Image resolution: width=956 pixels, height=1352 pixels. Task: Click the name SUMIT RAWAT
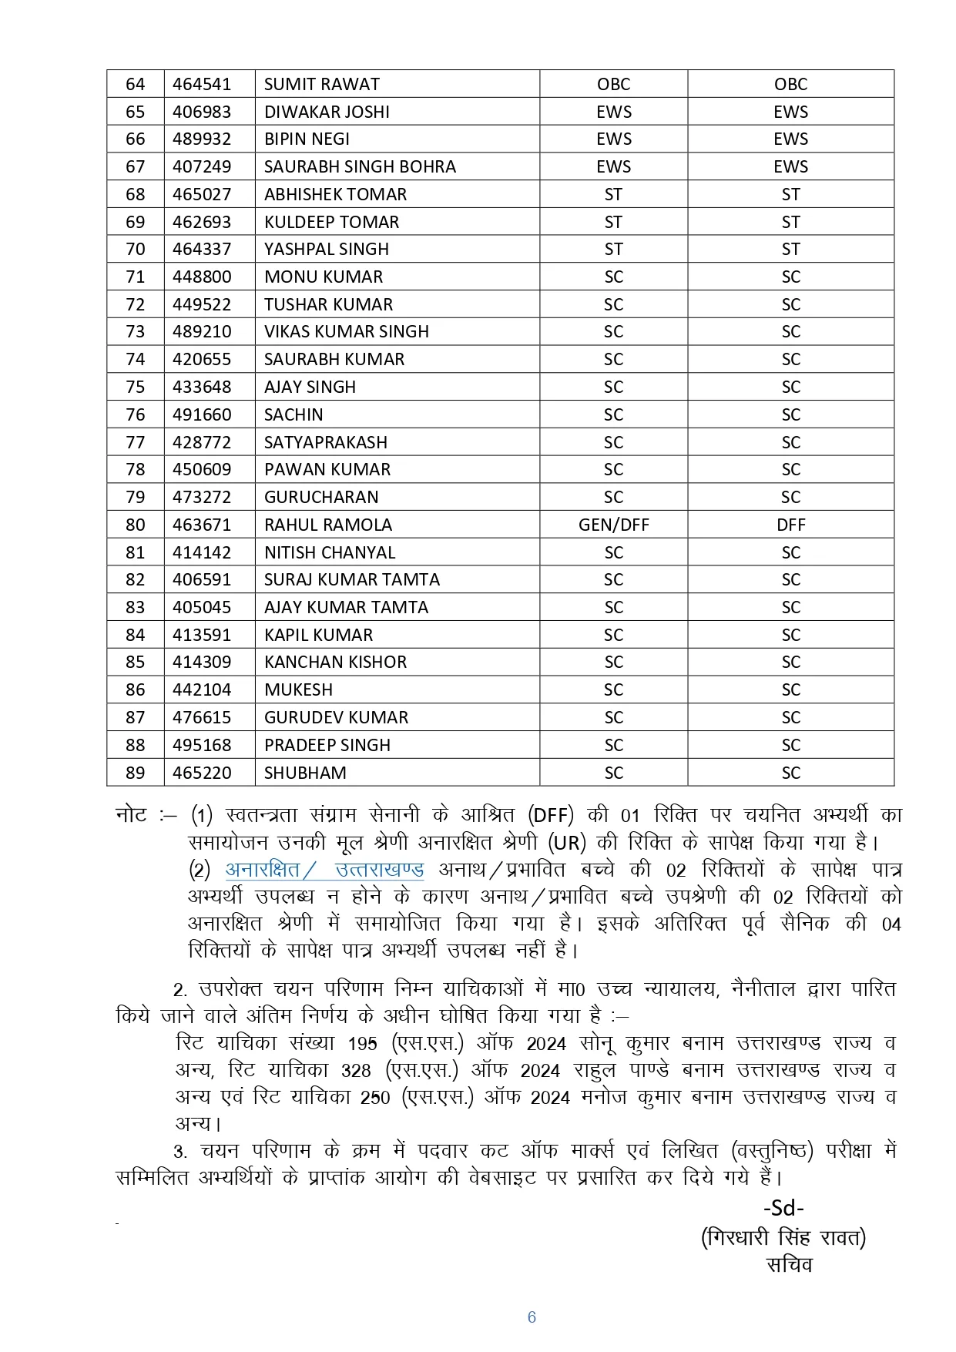pyautogui.click(x=322, y=84)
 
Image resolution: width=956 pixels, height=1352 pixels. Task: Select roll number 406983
pyautogui.click(x=202, y=112)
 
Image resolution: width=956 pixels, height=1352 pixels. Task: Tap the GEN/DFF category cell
pyautogui.click(x=613, y=525)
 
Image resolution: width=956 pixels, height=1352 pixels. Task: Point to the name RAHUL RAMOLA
pyautogui.click(x=328, y=525)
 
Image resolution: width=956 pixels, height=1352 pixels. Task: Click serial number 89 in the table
pyautogui.click(x=135, y=773)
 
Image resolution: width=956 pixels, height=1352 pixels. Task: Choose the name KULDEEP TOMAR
pyautogui.click(x=331, y=222)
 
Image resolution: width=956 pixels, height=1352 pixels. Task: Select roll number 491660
pyautogui.click(x=202, y=414)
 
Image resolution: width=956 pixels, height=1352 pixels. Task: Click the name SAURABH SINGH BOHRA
pyautogui.click(x=360, y=166)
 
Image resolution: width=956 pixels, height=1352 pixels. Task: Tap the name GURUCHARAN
pyautogui.click(x=321, y=497)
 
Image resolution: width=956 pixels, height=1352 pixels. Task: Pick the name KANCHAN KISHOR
pyautogui.click(x=335, y=662)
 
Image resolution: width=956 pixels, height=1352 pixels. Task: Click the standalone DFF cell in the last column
pyautogui.click(x=790, y=525)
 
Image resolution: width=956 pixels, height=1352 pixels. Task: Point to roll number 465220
pyautogui.click(x=202, y=773)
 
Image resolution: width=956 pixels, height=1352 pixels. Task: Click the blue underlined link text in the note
pyautogui.click(x=324, y=870)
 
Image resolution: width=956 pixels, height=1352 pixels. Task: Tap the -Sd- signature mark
pyautogui.click(x=783, y=1207)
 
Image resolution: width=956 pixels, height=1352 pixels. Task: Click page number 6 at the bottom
pyautogui.click(x=532, y=1317)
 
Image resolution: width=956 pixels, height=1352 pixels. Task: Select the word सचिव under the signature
pyautogui.click(x=789, y=1264)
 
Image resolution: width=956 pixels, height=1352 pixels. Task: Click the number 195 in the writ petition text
pyautogui.click(x=362, y=1044)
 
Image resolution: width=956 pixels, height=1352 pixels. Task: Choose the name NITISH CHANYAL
pyautogui.click(x=330, y=552)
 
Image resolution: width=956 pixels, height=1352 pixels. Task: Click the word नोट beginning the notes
pyautogui.click(x=131, y=815)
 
